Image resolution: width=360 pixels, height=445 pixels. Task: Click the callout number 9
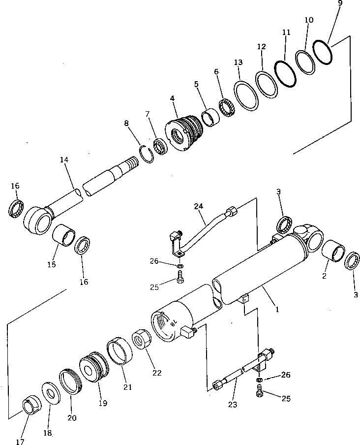[x=340, y=3]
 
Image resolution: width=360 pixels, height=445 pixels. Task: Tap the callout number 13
[x=239, y=63]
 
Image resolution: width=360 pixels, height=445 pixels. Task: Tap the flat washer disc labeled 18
[x=51, y=394]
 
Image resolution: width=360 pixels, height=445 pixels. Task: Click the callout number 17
[x=20, y=442]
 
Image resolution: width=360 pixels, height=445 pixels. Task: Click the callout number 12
[x=262, y=47]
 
